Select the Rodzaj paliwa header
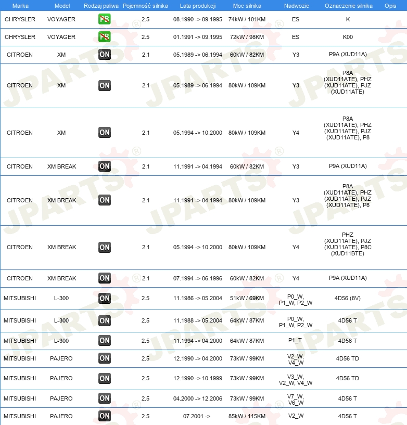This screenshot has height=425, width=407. (x=101, y=5)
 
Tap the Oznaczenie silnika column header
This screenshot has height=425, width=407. (x=348, y=5)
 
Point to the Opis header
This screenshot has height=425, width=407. (x=390, y=5)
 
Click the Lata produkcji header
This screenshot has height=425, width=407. (x=198, y=5)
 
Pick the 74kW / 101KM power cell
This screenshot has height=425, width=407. (x=247, y=19)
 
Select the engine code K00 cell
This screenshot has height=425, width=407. (x=348, y=37)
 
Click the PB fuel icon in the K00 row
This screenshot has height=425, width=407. (x=105, y=37)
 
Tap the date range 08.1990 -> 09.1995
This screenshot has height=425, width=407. (x=198, y=19)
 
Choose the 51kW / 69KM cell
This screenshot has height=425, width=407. (x=247, y=298)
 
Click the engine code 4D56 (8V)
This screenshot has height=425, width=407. (x=348, y=298)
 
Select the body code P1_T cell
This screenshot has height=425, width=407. (x=296, y=341)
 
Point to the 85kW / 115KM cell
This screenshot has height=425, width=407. (x=247, y=416)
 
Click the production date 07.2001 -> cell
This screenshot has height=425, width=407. (x=197, y=416)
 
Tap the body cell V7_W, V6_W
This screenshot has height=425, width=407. (x=296, y=398)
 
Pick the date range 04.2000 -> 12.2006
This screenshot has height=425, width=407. (x=198, y=398)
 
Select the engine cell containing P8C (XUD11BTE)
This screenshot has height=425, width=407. (x=348, y=247)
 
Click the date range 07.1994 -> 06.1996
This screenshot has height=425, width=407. (x=198, y=278)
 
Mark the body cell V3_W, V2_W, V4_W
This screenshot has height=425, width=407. (x=296, y=378)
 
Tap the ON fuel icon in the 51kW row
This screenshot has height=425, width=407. (x=105, y=298)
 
